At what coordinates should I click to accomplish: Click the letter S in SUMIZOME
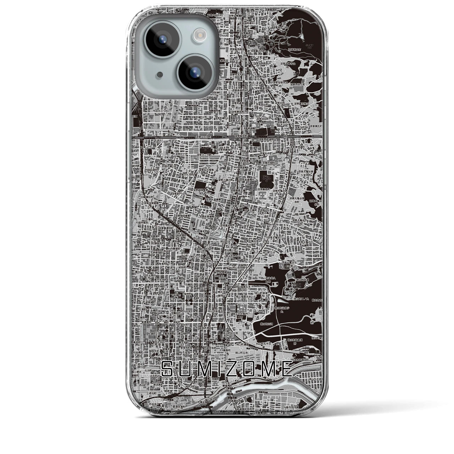(168, 369)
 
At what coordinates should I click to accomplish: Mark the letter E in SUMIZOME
(286, 369)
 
